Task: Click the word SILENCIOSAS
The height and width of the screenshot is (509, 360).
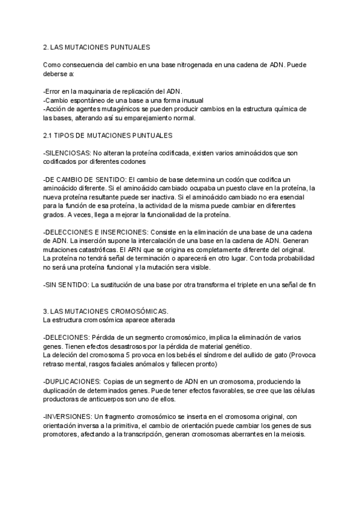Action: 68,153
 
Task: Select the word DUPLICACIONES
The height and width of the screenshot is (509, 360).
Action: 73,381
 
